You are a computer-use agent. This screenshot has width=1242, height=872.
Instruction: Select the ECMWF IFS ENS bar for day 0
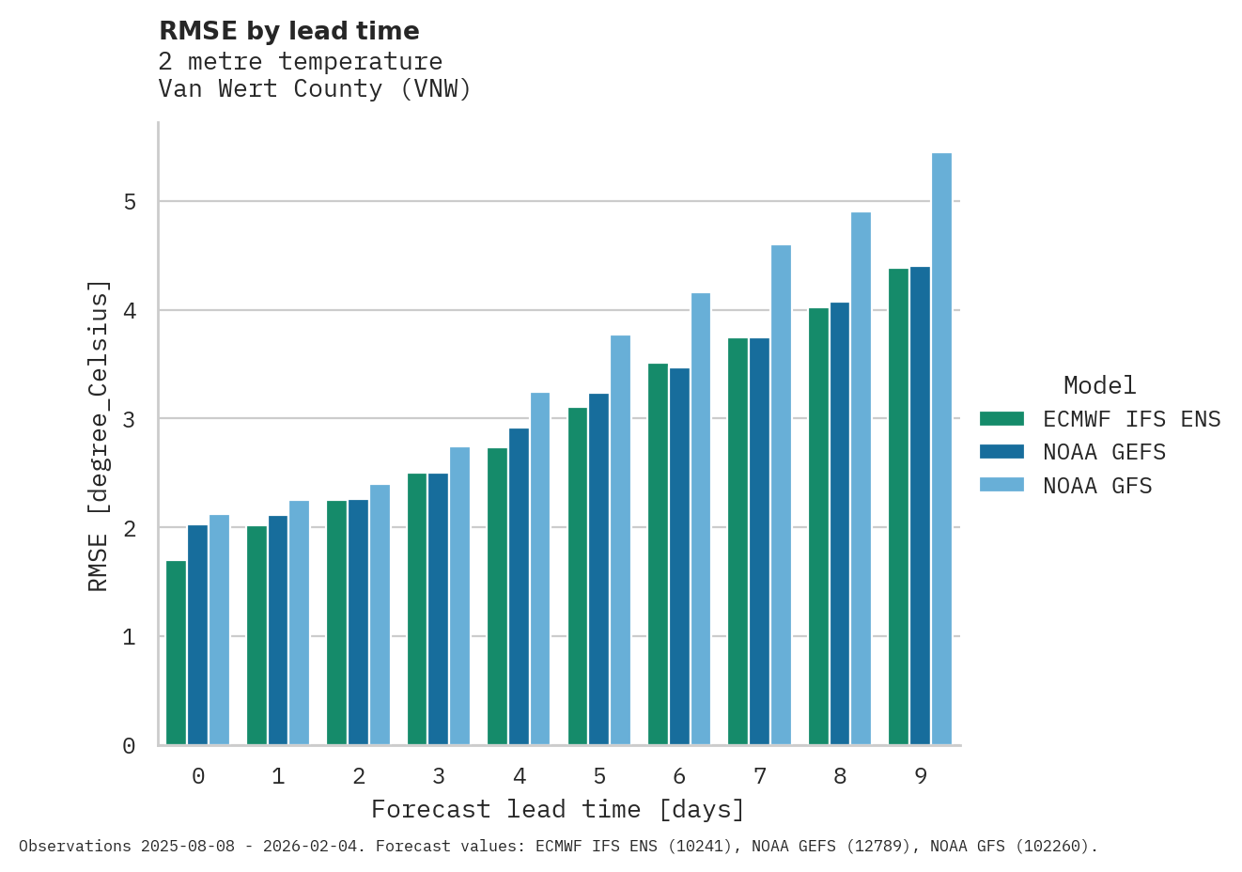[176, 653]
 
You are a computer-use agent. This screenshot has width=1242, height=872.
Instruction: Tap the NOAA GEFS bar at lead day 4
[519, 586]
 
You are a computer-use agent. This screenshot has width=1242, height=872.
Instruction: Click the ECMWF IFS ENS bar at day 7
[737, 541]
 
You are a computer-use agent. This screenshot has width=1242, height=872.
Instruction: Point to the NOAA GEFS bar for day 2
[358, 622]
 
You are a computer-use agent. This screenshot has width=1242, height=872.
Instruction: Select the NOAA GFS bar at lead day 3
[459, 596]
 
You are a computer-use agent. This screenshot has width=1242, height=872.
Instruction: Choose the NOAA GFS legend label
[1096, 487]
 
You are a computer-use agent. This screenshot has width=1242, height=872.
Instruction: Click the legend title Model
[1099, 385]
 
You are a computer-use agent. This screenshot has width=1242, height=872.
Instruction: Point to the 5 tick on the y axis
[129, 202]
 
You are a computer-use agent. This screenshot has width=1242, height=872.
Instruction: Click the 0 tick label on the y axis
[129, 746]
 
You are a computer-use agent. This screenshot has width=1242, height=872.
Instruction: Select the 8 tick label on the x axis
[840, 776]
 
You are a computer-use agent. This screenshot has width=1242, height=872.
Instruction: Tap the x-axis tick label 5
[599, 776]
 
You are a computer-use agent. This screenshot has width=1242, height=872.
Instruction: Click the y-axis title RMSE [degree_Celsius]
[99, 436]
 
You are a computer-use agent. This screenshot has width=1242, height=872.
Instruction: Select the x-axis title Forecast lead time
[558, 809]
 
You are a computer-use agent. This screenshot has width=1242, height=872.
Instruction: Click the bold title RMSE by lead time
[288, 31]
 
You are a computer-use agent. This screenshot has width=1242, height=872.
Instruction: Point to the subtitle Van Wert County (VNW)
[315, 89]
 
